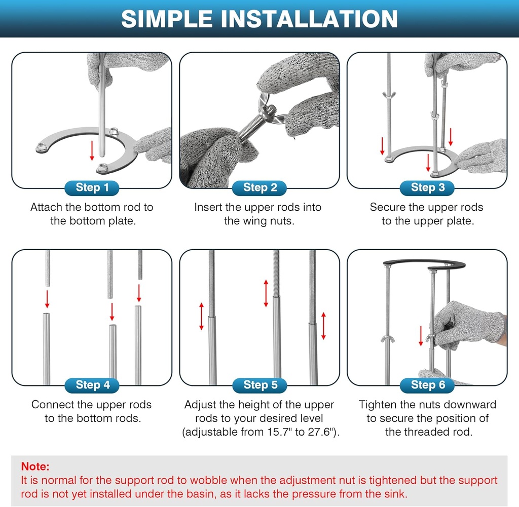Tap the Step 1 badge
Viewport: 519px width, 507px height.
[x=92, y=188]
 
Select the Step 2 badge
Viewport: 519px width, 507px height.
[x=259, y=188]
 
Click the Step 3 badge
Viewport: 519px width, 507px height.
[x=427, y=188]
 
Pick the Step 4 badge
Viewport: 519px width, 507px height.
[x=92, y=385]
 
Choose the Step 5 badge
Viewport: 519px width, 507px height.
[x=259, y=385]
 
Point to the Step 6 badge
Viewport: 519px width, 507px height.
[x=427, y=385]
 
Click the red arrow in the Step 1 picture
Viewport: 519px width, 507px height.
[x=92, y=150]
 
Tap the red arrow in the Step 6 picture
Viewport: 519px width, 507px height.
[x=421, y=336]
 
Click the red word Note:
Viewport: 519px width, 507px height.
[x=35, y=466]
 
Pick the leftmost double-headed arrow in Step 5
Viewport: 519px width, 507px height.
[x=201, y=316]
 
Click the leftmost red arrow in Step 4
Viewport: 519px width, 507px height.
[x=47, y=298]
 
